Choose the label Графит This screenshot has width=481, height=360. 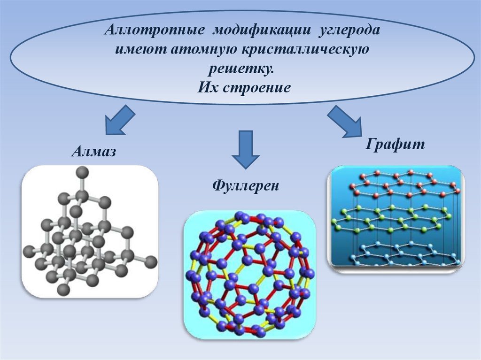pyautogui.click(x=395, y=144)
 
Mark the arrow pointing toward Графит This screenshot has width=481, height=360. pyautogui.click(x=346, y=121)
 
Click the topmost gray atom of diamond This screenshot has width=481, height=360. pyautogui.click(x=83, y=173)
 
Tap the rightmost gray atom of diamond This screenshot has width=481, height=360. pyautogui.click(x=150, y=262)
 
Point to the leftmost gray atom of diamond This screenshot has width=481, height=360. pyautogui.click(x=29, y=251)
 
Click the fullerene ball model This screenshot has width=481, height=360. pyautogui.click(x=249, y=274)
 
